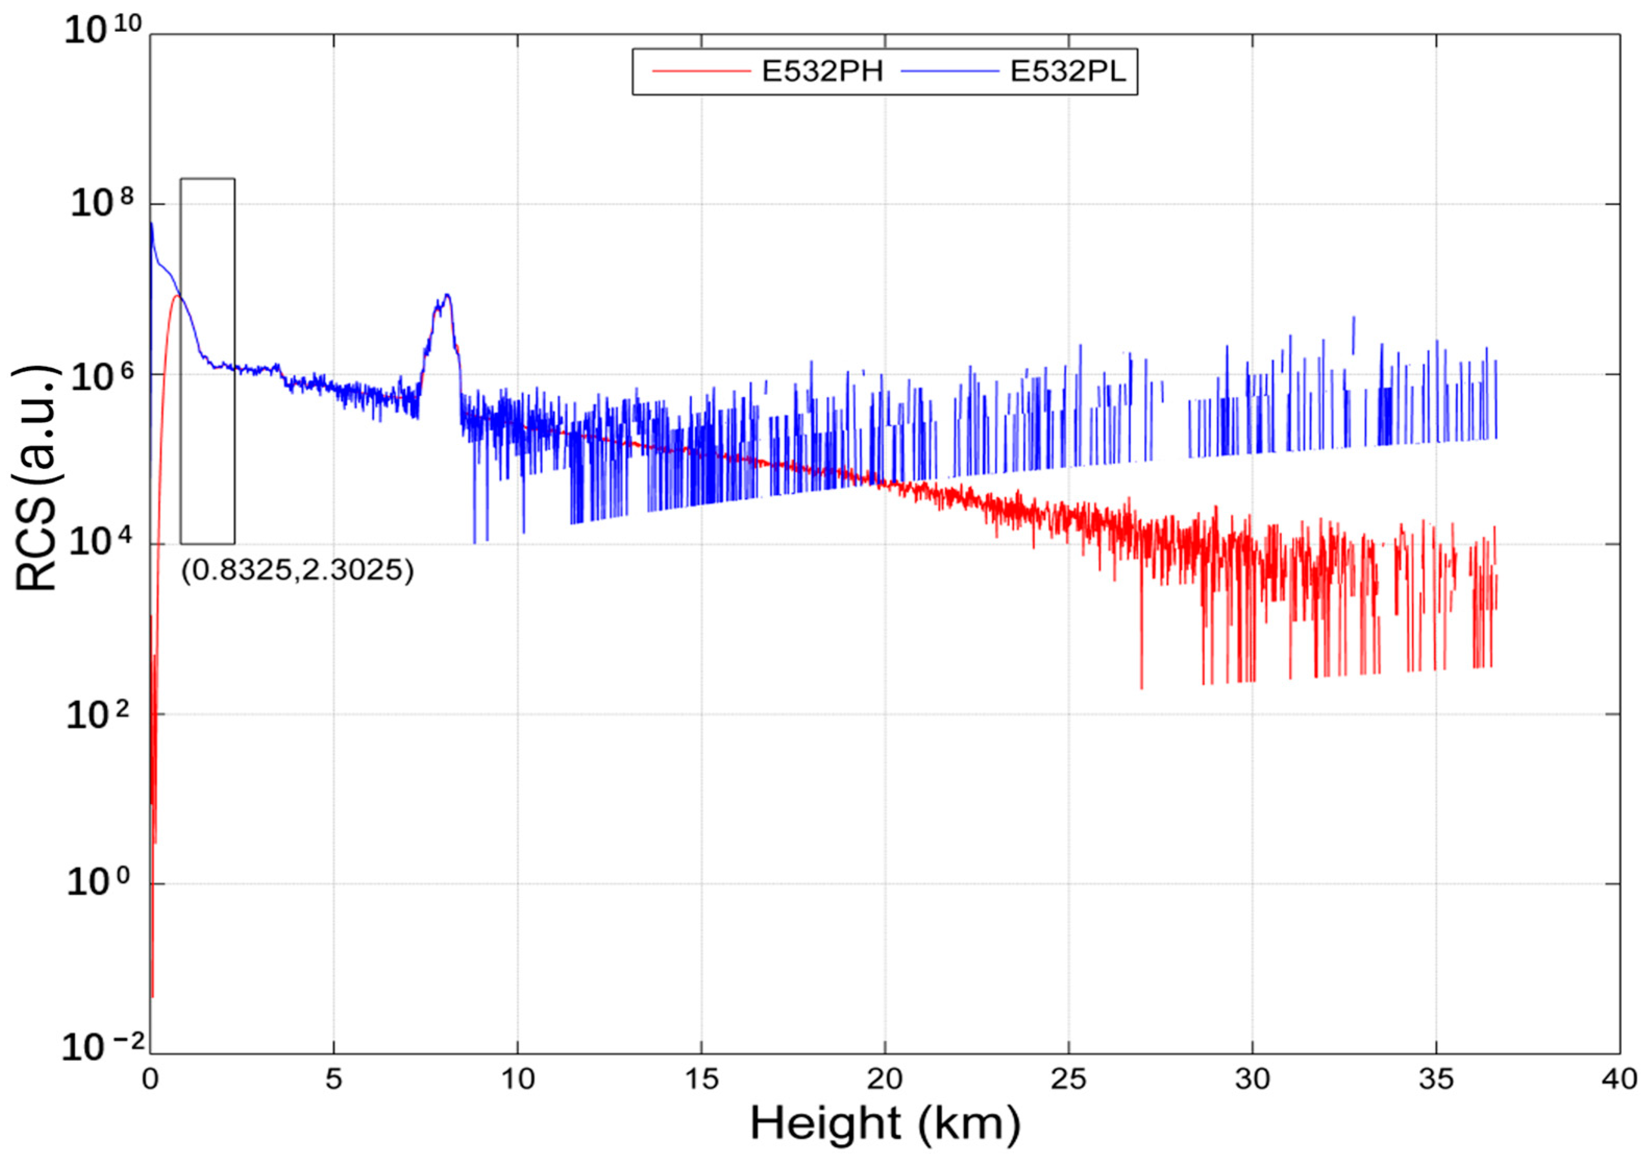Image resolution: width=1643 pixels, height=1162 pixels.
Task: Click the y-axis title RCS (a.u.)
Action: (x=36, y=478)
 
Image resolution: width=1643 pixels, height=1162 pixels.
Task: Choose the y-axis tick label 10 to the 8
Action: (x=102, y=204)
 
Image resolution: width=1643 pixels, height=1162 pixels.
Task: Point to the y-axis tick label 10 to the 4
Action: (x=102, y=544)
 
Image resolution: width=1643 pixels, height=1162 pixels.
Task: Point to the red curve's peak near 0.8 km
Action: (x=176, y=295)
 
